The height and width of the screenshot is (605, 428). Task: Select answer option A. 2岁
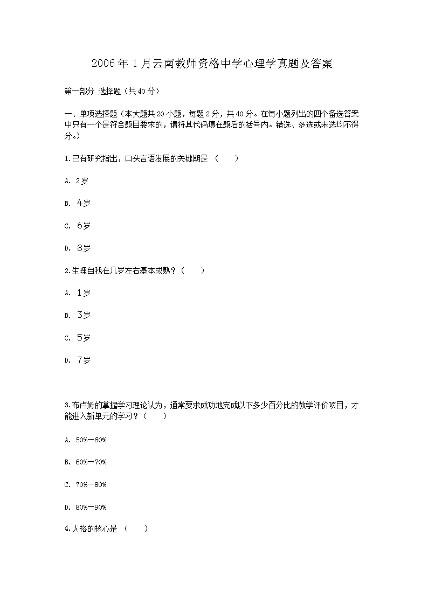click(77, 181)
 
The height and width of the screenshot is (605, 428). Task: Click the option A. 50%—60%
click(85, 440)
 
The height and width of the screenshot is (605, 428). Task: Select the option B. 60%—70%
click(85, 462)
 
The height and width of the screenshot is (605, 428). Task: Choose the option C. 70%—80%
click(85, 485)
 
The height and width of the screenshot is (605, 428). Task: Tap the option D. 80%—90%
click(85, 507)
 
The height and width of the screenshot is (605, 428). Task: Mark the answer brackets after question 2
click(193, 271)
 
